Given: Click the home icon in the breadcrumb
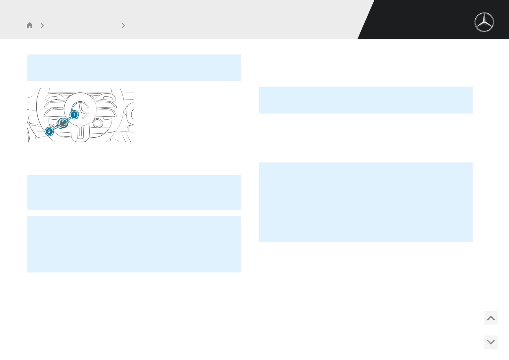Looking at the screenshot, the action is coord(30,25).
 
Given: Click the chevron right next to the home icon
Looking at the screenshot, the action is coord(42,26).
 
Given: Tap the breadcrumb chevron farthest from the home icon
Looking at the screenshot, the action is coord(123,26).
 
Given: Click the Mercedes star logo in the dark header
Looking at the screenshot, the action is coord(484,22).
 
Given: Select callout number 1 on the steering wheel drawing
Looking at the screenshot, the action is coord(74,115).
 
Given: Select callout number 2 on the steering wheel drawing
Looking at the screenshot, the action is coord(49,132).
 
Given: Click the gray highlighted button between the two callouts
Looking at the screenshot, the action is coord(63,123).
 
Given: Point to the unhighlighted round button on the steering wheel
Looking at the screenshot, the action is coord(98,123).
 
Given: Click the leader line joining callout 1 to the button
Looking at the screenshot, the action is coord(68,119).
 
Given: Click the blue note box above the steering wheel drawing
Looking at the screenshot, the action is coord(134,68).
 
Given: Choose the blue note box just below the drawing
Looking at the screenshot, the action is coord(134,192).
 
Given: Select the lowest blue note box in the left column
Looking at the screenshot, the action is coord(134,244).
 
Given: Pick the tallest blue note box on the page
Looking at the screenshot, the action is coord(366,202).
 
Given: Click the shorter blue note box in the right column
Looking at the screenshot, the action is coord(366,100).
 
